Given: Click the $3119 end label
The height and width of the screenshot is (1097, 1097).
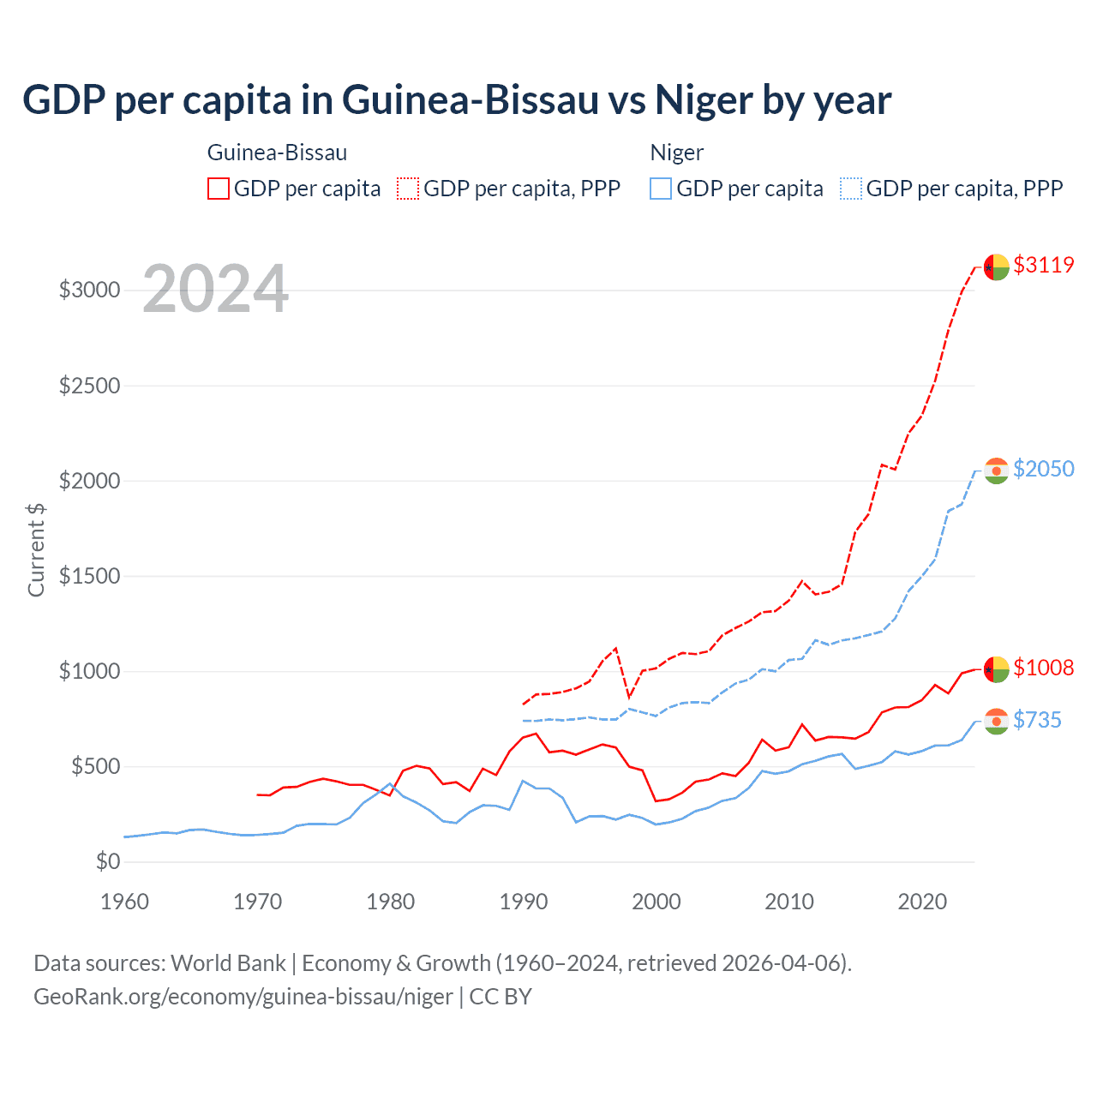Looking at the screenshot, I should click(1043, 265).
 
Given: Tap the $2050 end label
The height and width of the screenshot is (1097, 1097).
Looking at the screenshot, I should click(1043, 469).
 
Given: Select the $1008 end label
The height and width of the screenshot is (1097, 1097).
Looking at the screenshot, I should click(1043, 668).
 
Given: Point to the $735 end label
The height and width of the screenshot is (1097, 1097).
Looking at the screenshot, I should click(1037, 720).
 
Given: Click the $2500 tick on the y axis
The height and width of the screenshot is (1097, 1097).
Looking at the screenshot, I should click(89, 386).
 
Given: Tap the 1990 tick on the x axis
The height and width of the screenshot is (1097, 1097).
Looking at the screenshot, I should click(524, 902).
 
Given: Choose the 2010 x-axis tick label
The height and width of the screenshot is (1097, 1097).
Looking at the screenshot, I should click(789, 902).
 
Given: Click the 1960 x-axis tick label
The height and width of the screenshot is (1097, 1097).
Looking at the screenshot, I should click(125, 902).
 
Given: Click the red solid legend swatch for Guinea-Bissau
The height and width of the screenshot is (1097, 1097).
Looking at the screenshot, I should click(219, 189).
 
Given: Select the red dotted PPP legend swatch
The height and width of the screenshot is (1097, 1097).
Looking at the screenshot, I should click(408, 189).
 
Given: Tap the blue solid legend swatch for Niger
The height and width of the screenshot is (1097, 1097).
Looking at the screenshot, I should click(661, 189).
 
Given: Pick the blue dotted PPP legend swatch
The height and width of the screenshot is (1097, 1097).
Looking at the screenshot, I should click(851, 189).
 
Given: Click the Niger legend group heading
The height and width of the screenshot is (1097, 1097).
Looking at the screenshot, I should click(677, 153).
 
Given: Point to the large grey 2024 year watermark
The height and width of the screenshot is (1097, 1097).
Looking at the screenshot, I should click(215, 289).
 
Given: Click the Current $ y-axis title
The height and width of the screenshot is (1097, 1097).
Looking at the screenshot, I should click(36, 550).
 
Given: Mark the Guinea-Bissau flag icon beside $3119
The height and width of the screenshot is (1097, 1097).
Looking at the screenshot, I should click(996, 267).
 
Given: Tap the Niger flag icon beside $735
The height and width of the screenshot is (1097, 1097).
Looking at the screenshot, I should click(996, 722).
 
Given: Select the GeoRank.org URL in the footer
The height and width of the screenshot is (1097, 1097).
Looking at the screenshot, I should click(243, 997).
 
